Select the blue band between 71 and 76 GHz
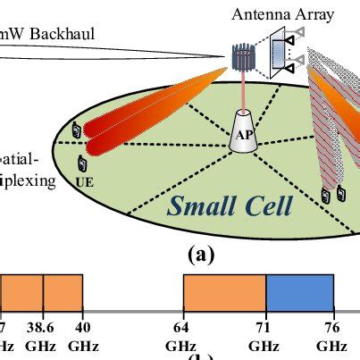tap(300, 292)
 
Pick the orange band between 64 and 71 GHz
tap(224, 292)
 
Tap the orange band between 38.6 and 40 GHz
tap(63, 292)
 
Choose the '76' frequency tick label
tap(333, 329)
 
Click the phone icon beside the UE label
tap(84, 163)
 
